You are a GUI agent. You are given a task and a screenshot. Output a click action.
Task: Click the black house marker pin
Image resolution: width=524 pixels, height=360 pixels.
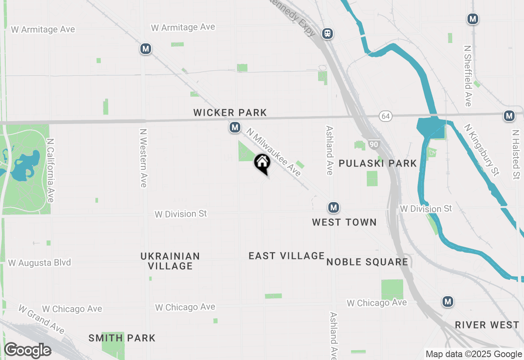tap(262, 163)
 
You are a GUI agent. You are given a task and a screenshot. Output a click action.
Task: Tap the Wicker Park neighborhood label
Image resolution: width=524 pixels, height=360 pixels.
tap(230, 112)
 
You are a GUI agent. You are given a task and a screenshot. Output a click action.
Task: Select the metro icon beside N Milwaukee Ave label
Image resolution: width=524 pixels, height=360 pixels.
tap(235, 128)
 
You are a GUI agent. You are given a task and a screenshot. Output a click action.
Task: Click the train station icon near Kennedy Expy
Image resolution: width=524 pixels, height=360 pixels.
tap(327, 34)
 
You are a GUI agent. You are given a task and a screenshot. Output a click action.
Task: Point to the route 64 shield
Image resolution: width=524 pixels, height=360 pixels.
tap(385, 116)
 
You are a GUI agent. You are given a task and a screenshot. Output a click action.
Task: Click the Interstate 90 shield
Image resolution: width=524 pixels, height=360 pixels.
tap(373, 144)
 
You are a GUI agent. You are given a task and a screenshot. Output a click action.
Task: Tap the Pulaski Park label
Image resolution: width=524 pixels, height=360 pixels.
tap(377, 164)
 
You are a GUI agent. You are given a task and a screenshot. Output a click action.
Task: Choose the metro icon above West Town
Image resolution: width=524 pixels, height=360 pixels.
tap(334, 208)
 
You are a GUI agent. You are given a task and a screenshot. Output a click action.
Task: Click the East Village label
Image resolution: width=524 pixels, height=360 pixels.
tap(287, 256)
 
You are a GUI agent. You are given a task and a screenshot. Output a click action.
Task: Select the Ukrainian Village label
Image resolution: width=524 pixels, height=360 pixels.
tap(170, 261)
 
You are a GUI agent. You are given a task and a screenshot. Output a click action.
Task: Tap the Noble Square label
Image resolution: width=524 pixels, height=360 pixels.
tap(367, 262)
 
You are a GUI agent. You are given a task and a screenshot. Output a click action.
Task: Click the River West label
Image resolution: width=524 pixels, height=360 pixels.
tap(487, 325)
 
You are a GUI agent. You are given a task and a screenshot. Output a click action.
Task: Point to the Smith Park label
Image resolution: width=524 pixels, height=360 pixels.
tap(122, 338)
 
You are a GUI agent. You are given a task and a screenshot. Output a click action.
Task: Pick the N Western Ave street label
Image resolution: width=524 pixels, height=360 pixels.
tap(143, 158)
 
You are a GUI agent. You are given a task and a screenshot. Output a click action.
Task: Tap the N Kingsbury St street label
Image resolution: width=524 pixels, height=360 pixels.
tap(481, 150)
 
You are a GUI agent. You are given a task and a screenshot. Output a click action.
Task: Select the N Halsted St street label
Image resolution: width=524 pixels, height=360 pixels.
tap(515, 155)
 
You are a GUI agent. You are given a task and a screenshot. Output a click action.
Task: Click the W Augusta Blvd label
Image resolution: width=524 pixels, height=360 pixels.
tap(39, 263)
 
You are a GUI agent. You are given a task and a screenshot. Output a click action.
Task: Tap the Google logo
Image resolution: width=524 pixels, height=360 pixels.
tap(27, 351)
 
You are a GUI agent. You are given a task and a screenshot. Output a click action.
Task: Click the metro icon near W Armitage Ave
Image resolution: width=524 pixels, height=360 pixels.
tap(145, 49)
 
